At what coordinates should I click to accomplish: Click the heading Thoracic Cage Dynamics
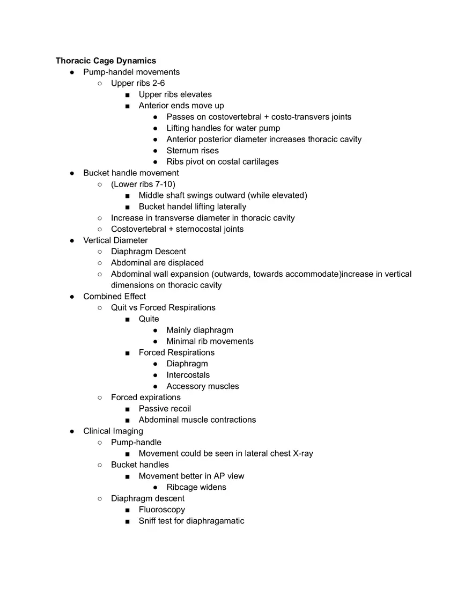click(106, 61)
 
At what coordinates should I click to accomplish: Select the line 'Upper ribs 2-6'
click(138, 83)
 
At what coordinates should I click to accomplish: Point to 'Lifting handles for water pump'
click(223, 128)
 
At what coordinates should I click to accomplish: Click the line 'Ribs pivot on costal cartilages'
click(222, 161)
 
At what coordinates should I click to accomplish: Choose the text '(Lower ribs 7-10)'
click(143, 184)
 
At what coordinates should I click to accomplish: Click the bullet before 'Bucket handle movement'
click(72, 173)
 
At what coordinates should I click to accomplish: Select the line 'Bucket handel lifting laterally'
click(192, 207)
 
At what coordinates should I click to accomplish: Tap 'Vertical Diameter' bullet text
click(115, 240)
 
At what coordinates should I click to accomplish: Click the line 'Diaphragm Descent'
click(149, 252)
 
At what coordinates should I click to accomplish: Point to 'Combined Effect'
click(114, 296)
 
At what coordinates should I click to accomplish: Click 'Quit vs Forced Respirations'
click(163, 307)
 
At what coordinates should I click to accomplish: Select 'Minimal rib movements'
click(210, 341)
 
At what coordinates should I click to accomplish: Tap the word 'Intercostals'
click(188, 375)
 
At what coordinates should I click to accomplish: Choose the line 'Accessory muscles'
click(203, 386)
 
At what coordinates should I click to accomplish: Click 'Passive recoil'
click(165, 409)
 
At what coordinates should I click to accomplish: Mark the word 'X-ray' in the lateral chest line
click(303, 453)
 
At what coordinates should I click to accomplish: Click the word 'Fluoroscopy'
click(161, 510)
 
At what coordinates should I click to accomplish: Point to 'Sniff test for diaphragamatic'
click(191, 521)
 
